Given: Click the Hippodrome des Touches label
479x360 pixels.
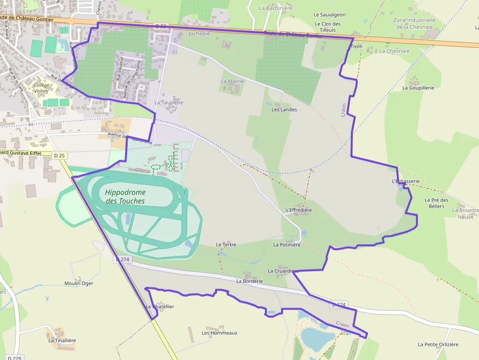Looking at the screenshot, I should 125,196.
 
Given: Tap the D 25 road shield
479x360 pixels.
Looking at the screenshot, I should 60,155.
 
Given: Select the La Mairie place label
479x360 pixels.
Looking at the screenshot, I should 232,81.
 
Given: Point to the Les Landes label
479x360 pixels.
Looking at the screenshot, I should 284,109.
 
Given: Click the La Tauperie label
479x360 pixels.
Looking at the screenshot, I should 169,103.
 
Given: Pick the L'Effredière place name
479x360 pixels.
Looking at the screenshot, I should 298,210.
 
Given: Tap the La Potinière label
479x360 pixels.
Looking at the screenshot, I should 286,245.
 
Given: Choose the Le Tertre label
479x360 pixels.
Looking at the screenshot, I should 226,244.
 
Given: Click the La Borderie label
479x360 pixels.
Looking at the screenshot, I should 249,281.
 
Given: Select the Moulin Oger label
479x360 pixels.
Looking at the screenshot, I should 79,283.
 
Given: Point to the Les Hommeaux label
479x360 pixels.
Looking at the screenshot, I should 219,333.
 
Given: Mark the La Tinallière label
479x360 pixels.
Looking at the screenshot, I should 62,340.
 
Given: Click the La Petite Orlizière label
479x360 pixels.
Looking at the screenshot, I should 438,344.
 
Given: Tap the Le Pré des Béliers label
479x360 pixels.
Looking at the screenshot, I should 436,203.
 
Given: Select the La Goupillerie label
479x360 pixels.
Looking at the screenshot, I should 418,87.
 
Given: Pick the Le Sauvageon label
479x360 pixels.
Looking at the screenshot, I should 329,15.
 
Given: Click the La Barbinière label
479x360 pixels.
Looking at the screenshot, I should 276,8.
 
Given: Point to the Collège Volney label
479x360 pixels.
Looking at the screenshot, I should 42,87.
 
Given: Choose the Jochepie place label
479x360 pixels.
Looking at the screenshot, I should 199,34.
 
